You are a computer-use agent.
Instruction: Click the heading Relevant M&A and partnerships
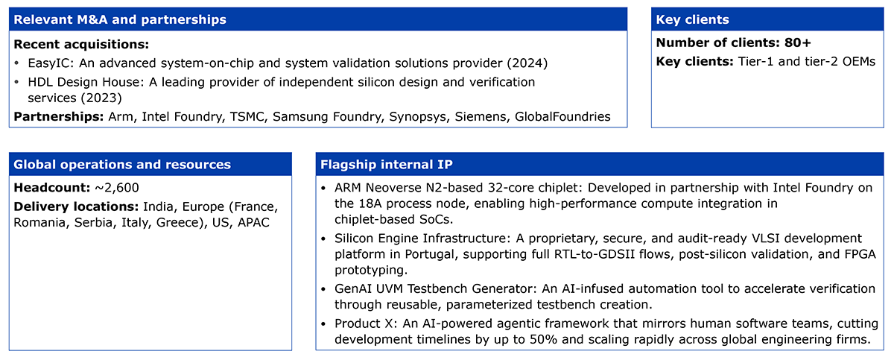tap(120, 19)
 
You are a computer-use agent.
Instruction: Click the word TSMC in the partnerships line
tap(247, 116)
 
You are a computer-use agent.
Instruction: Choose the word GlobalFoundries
tap(562, 116)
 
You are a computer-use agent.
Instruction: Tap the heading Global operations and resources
tap(122, 165)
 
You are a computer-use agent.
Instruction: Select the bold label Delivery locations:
tap(76, 206)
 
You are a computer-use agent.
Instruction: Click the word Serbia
tap(93, 222)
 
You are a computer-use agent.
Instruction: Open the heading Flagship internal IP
tap(387, 165)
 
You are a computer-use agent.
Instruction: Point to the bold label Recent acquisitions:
tap(81, 44)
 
